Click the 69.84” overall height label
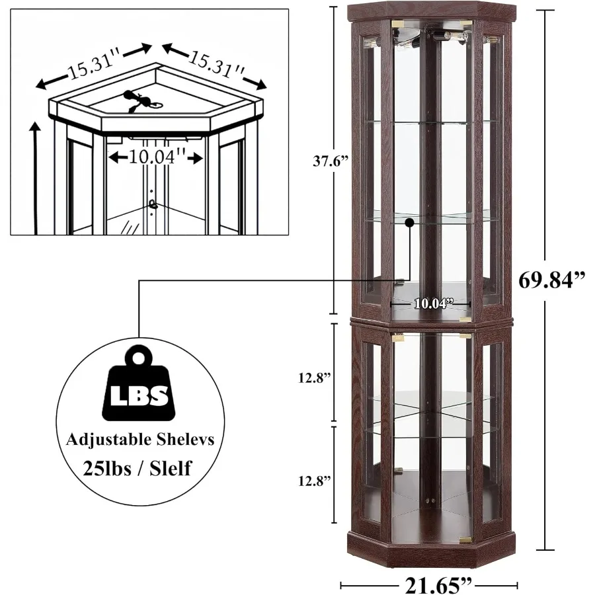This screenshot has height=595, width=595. point(551,280)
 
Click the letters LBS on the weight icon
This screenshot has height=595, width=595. point(138,397)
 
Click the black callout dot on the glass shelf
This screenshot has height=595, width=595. point(410,223)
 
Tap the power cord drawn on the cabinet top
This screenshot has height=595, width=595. point(141,99)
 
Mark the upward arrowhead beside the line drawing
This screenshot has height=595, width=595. point(34,127)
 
